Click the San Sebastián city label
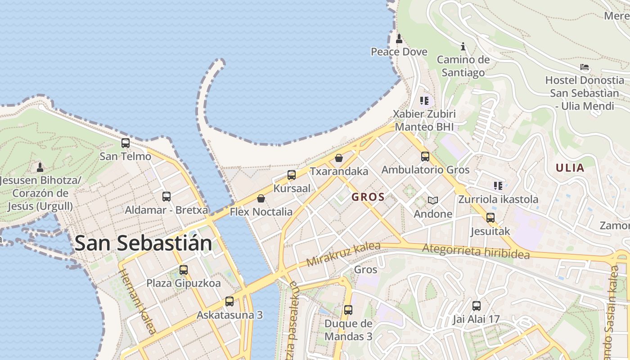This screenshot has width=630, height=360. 143,243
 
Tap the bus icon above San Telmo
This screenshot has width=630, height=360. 126,143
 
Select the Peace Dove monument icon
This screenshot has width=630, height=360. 399,39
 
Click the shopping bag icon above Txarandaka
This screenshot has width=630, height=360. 339,158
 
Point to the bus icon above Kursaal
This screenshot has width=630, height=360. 292,175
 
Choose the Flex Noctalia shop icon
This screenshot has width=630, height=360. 261,198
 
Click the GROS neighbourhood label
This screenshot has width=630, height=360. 368,197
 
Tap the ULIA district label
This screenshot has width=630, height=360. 570,168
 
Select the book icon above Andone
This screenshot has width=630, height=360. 433,200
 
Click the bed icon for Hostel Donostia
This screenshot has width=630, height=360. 585,67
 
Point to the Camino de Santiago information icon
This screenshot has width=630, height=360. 463,46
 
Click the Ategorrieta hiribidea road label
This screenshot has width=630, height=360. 476,251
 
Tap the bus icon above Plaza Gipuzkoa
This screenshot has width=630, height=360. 184,270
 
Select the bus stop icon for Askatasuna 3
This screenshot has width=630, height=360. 229,301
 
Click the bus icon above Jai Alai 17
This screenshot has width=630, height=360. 477,306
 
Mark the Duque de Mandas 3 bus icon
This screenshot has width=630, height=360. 348,310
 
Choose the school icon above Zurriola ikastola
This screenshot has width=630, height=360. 498,186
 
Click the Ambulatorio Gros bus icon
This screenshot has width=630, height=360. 425,157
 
